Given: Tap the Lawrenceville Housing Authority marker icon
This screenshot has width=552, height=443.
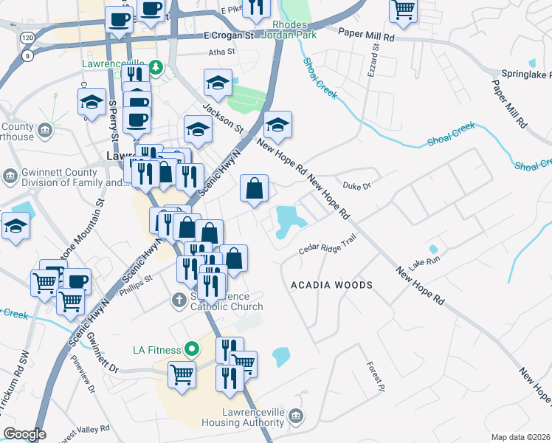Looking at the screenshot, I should [296, 415].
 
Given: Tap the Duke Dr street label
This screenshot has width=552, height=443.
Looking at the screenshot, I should [356, 185].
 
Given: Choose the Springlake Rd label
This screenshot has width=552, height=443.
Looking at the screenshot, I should [523, 75].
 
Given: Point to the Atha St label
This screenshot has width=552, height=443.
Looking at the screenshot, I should [221, 52].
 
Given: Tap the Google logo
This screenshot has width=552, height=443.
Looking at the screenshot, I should [25, 434].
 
